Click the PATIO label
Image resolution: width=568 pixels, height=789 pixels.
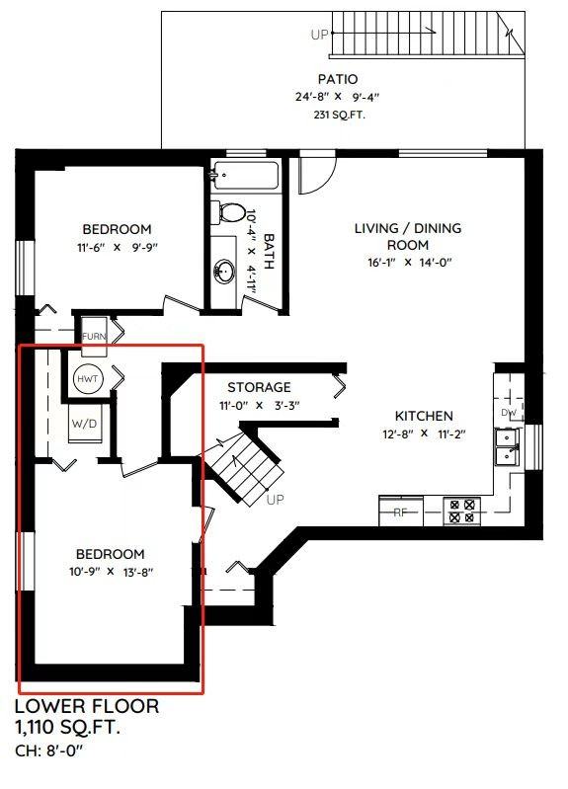click(338, 79)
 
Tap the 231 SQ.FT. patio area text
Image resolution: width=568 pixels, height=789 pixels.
click(340, 115)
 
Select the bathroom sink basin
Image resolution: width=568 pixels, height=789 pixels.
click(224, 272)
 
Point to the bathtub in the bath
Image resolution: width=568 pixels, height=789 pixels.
click(245, 176)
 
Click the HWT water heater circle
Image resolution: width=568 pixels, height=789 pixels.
click(88, 379)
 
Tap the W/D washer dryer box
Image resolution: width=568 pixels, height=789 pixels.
click(84, 424)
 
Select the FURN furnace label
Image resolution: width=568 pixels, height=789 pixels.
click(94, 337)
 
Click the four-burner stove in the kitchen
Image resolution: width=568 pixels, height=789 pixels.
click(461, 511)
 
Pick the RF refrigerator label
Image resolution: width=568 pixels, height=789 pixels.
click(400, 513)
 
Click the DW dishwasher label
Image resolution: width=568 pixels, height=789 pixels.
click(509, 413)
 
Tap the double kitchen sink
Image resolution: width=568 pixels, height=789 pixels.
click(506, 448)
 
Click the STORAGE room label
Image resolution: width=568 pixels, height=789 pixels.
click(259, 387)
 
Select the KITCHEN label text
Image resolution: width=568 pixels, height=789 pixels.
click(424, 416)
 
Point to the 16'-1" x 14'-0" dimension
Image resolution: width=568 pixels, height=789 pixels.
click(409, 262)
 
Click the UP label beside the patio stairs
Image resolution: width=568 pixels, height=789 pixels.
click(319, 35)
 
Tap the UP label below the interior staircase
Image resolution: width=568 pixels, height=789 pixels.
click(275, 500)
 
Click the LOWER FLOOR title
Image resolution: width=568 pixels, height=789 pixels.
click(87, 706)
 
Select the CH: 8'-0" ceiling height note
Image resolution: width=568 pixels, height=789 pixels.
click(48, 751)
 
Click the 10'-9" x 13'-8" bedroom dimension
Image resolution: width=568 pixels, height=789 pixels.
click(111, 572)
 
